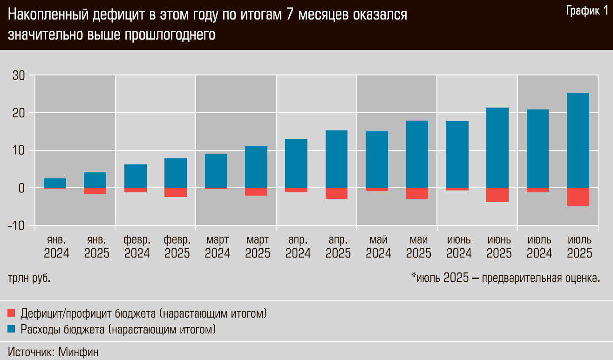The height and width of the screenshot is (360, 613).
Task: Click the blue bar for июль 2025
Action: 578,140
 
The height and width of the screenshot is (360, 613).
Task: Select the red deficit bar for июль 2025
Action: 578,197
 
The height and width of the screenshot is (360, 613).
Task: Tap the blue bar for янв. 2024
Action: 55,183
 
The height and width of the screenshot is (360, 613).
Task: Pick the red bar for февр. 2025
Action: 176,192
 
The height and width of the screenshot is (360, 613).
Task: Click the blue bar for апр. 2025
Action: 337,159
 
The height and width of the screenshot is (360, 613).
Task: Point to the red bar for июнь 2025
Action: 497,195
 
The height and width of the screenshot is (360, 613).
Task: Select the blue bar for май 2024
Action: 377,159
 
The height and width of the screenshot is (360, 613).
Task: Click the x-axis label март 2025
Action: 257,247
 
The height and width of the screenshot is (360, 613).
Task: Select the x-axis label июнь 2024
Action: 459,247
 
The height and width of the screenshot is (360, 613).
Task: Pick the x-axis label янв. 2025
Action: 96,247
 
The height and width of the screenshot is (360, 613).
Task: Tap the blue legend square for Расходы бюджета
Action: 12,329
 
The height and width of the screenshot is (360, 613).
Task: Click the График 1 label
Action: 587,11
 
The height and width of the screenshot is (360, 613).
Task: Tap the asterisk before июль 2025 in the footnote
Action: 413,277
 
